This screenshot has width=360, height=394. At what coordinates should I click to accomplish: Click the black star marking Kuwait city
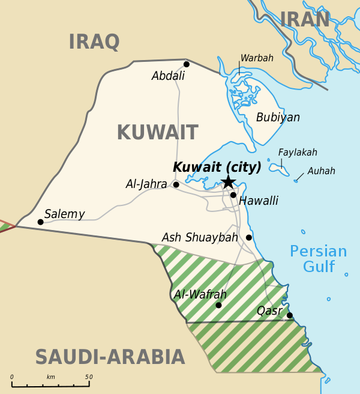[228, 182]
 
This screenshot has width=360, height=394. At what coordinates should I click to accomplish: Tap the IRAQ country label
[94, 42]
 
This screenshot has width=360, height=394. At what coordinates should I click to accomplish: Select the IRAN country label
[305, 20]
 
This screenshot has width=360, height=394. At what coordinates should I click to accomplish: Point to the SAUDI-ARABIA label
[110, 357]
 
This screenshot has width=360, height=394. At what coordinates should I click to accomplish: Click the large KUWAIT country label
[157, 132]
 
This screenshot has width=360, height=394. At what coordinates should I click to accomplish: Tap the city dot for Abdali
[187, 64]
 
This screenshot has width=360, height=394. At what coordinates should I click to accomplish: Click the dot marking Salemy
[40, 222]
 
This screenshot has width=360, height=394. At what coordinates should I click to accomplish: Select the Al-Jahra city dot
[176, 184]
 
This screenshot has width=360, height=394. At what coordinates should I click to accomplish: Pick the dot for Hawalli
[233, 195]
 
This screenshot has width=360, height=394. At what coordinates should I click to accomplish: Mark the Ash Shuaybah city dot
[248, 237]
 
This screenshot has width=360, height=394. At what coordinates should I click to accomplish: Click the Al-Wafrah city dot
[218, 305]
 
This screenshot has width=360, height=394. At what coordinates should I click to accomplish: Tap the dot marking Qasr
[289, 315]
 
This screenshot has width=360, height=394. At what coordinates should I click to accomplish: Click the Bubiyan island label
[278, 118]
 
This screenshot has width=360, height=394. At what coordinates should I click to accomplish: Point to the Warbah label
[257, 58]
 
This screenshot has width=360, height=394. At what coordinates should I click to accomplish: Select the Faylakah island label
[298, 153]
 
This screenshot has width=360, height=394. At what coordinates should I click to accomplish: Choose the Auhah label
[321, 171]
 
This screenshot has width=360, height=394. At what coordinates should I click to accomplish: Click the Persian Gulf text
[318, 259]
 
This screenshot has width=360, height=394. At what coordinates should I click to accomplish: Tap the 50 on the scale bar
[89, 377]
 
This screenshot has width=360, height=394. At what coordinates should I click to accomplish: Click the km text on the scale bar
[50, 377]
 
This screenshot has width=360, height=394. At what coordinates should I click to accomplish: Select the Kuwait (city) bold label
[217, 167]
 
